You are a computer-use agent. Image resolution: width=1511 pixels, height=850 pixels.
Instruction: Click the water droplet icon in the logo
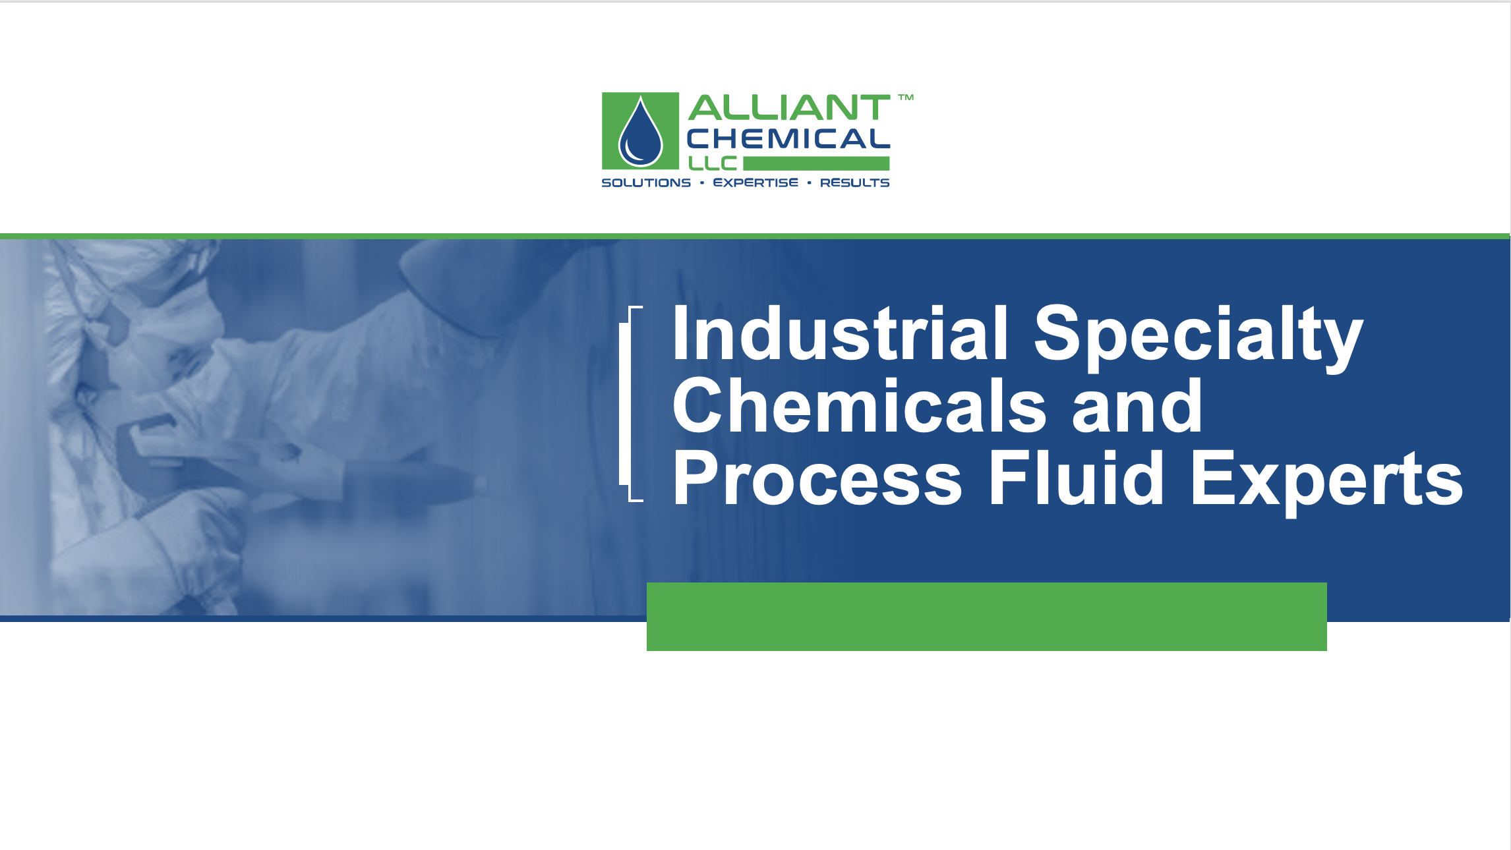pyautogui.click(x=640, y=132)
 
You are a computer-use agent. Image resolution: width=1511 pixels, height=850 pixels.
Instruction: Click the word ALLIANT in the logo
pyautogui.click(x=789, y=108)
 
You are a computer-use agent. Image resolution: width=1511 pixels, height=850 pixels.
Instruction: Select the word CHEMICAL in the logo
pyautogui.click(x=788, y=139)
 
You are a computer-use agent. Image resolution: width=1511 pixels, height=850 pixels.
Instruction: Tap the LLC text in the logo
pyautogui.click(x=713, y=163)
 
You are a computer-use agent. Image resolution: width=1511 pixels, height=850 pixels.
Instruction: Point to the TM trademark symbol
pyautogui.click(x=906, y=98)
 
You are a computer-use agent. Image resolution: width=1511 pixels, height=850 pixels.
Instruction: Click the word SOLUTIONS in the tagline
pyautogui.click(x=646, y=183)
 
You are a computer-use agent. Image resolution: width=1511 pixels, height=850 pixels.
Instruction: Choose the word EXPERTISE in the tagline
pyautogui.click(x=755, y=183)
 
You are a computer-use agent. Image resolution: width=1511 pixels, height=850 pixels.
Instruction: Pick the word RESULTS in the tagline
pyautogui.click(x=855, y=183)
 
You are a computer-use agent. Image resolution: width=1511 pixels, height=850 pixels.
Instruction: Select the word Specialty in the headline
pyautogui.click(x=1198, y=337)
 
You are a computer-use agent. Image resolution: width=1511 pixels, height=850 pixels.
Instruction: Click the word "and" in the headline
pyautogui.click(x=1137, y=407)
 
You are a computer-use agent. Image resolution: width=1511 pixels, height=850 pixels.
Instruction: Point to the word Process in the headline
pyautogui.click(x=817, y=479)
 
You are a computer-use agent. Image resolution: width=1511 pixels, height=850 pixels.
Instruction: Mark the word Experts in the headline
pyautogui.click(x=1326, y=482)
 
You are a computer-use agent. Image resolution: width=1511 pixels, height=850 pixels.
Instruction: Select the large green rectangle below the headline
pyautogui.click(x=986, y=617)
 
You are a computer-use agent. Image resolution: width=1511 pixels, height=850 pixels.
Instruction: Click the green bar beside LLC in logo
pyautogui.click(x=816, y=163)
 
